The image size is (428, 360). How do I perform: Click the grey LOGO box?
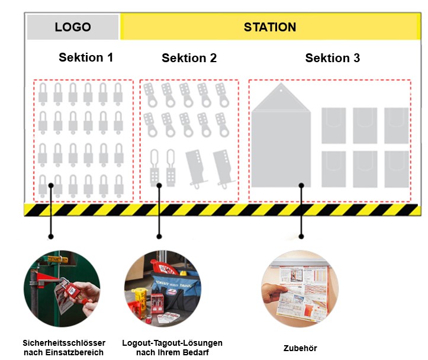click(72, 27)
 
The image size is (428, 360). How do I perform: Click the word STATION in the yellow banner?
click(270, 27)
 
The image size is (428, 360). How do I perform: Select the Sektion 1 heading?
click(86, 57)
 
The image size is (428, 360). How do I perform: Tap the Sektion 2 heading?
click(189, 58)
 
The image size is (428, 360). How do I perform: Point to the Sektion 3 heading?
click(332, 58)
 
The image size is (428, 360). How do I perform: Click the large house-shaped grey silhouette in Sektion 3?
click(281, 139)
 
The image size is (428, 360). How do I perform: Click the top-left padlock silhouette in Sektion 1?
click(43, 92)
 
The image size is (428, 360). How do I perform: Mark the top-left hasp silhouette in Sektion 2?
click(150, 94)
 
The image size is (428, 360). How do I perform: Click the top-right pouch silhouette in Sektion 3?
click(395, 125)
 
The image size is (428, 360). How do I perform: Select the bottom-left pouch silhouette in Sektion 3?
click(334, 169)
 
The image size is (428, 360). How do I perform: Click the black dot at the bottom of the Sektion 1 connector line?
click(51, 236)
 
